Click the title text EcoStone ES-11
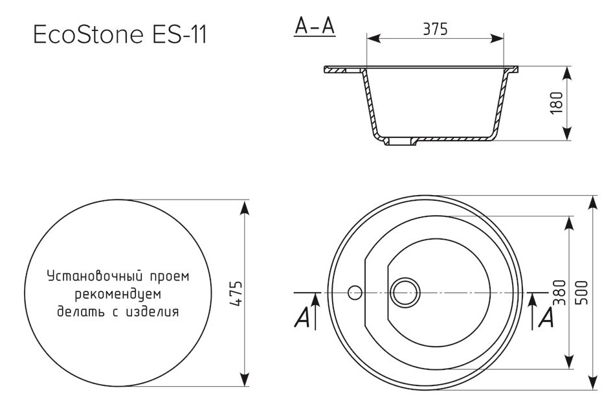(x=120, y=35)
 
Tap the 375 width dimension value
(x=436, y=29)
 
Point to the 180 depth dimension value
(x=556, y=103)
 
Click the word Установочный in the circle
(x=93, y=277)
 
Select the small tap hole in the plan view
(x=354, y=293)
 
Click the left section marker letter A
(x=302, y=318)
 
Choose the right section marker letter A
(x=546, y=317)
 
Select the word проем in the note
(x=168, y=277)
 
